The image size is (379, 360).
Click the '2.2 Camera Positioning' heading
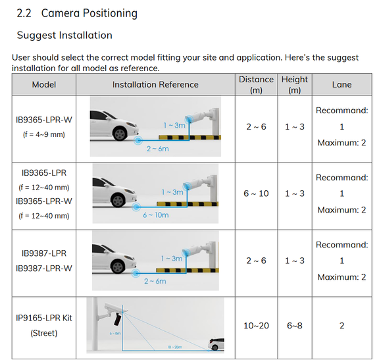coord(77,13)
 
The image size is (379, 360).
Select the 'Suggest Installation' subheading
coord(64,36)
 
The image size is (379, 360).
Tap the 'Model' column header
coord(44,85)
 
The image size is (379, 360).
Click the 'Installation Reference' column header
coord(155,85)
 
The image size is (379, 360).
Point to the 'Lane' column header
coord(341,85)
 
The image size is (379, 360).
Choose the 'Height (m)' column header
coord(295,85)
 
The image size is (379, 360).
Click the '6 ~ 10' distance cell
coord(256,193)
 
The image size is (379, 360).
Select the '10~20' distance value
coord(256,326)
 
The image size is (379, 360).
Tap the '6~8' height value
coord(295,326)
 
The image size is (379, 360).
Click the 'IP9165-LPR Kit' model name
coord(44,318)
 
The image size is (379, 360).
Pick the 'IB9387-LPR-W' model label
coord(44,269)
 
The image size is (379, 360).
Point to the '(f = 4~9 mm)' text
coord(44,134)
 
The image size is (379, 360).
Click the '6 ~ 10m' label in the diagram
coord(156,215)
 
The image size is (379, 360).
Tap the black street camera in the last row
coord(118,319)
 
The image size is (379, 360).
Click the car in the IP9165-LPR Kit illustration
coord(216,344)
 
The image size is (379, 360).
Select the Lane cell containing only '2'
coord(341,326)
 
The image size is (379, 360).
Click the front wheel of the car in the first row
coord(120,134)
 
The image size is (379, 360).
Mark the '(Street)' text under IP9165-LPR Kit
coord(44,333)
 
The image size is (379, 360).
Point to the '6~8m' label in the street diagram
coord(115,334)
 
